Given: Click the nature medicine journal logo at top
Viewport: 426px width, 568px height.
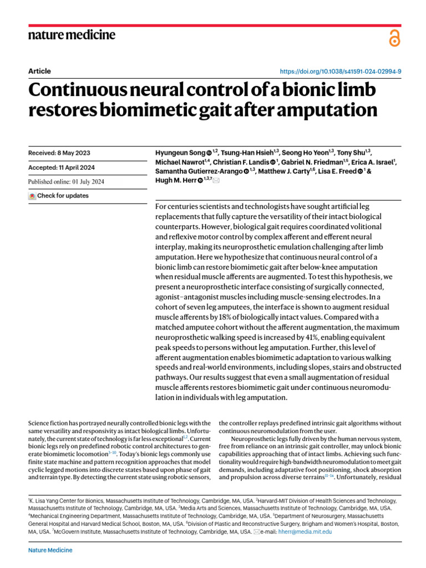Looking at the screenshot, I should coord(72,35).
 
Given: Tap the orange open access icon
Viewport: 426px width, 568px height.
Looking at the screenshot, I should coord(394,38).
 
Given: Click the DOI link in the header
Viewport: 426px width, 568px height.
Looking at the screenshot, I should coord(341,72).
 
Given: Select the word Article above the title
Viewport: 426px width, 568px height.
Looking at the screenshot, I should coord(39,71).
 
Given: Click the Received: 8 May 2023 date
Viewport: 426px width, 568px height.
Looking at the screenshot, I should coord(59,153).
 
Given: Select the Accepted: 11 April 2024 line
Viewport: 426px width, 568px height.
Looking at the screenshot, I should coord(61,168).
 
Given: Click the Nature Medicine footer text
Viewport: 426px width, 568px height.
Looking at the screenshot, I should coord(50,550).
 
